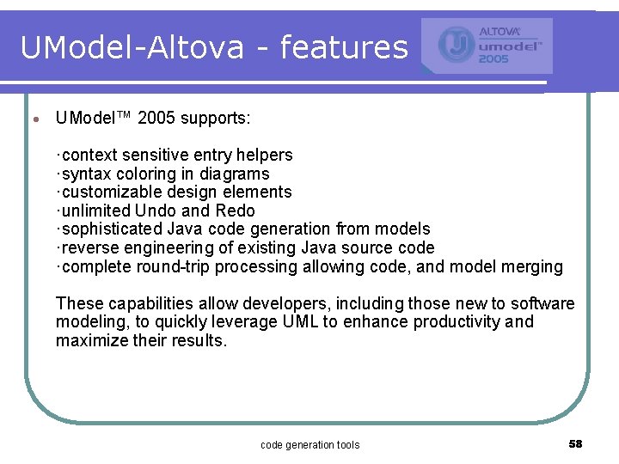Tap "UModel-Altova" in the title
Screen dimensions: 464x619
click(x=132, y=47)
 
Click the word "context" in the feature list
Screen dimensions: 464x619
click(x=92, y=156)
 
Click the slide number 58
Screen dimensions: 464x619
click(x=575, y=443)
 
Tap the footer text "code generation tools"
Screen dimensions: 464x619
click(x=309, y=444)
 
